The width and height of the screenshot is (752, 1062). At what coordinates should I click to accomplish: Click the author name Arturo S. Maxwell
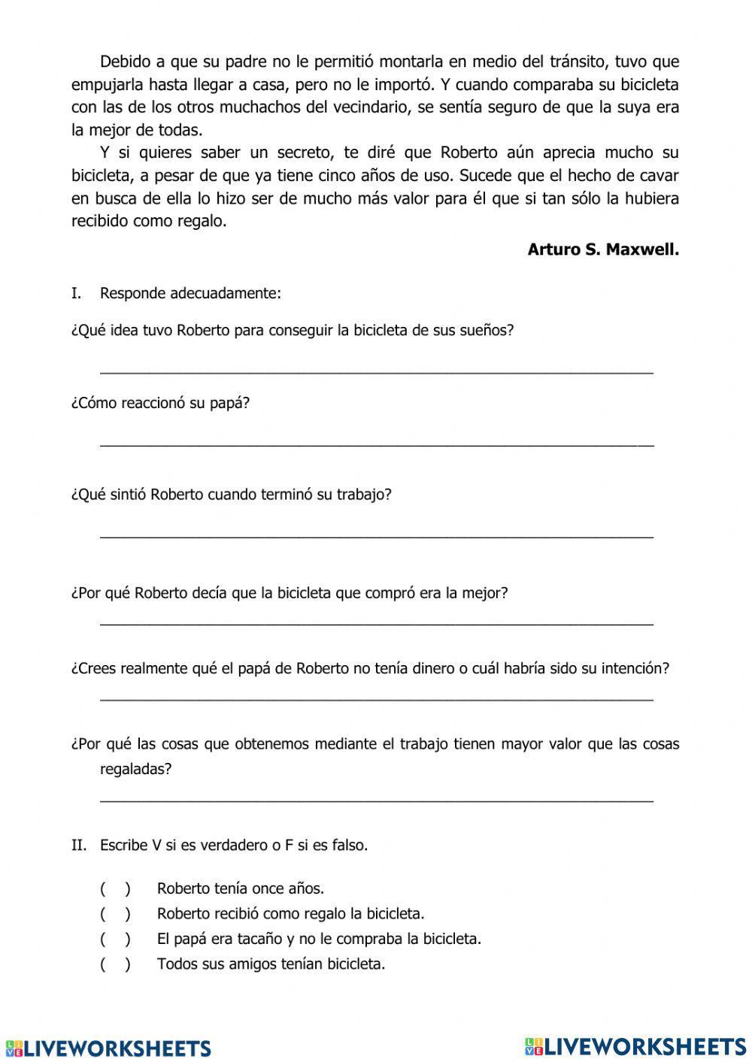click(x=603, y=250)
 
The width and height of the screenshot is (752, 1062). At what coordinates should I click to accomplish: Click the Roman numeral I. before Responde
click(x=76, y=293)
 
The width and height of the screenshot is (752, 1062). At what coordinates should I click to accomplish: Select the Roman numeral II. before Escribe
click(x=79, y=845)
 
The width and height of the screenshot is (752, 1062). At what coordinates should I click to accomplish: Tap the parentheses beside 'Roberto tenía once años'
click(x=115, y=888)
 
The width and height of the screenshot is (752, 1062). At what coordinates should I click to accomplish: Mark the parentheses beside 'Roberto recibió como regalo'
click(x=115, y=914)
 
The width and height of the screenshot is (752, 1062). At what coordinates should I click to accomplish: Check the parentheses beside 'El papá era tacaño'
click(x=115, y=939)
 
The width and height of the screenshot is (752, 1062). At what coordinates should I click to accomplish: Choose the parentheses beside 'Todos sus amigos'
click(x=115, y=964)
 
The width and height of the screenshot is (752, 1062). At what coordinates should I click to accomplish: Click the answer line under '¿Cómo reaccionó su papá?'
click(x=376, y=444)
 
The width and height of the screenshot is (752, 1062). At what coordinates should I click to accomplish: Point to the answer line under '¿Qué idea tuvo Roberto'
click(x=376, y=371)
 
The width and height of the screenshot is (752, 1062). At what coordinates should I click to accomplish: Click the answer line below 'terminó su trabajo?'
click(x=376, y=536)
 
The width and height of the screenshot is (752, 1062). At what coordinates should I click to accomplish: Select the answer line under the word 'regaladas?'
click(x=376, y=800)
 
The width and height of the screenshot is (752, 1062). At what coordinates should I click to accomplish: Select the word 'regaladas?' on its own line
click(x=135, y=769)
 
